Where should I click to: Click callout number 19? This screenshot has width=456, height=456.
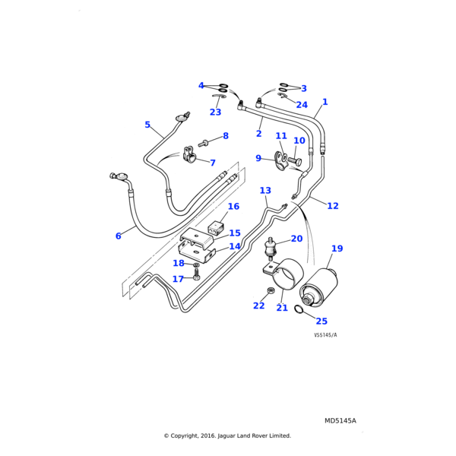pos(337,249)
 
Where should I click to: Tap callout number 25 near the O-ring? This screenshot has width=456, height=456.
pos(321,321)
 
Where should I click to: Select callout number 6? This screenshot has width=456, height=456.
pos(118,236)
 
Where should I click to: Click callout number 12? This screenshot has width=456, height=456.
pos(333,206)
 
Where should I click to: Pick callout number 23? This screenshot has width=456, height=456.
pos(215,112)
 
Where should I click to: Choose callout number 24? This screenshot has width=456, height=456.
pos(302,105)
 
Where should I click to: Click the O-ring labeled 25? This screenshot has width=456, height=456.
pos(300,308)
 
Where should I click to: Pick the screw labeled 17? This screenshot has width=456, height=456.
pos(197,276)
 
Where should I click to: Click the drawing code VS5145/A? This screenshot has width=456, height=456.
pos(325,335)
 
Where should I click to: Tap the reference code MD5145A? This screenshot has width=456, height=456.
pos(340,420)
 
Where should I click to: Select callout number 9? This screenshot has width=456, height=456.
pos(258,179)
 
